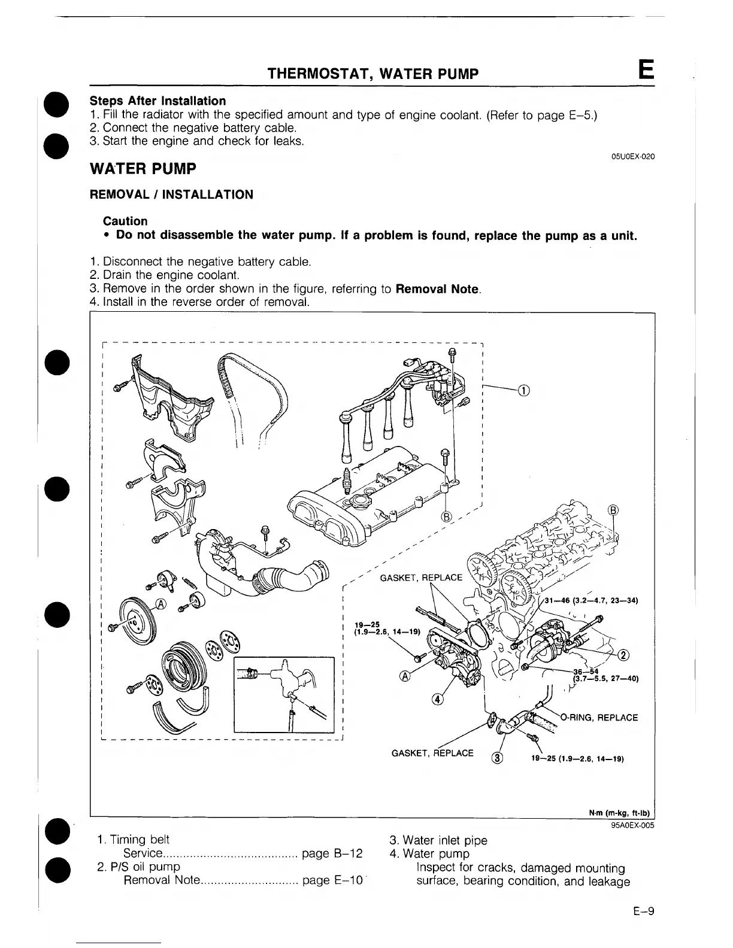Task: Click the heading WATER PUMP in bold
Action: point(143,169)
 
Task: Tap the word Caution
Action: point(125,221)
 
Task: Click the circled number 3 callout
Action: point(497,758)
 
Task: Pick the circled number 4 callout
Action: point(438,700)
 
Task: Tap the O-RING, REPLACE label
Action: point(599,718)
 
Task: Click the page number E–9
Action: point(643,912)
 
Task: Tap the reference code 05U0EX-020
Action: point(632,156)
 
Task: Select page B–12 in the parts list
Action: point(332,853)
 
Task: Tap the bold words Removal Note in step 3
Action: point(437,288)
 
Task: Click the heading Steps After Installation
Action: point(157,101)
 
